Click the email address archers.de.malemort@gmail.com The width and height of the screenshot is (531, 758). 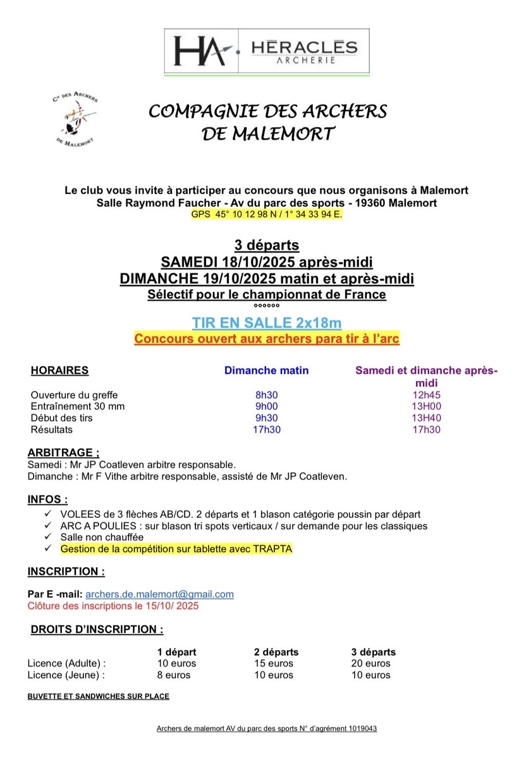pyautogui.click(x=159, y=594)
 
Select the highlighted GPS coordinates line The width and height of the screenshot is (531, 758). pyautogui.click(x=266, y=215)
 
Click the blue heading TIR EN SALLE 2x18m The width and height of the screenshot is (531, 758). pyautogui.click(x=267, y=323)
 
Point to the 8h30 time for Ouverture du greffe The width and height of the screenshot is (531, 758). pyautogui.click(x=266, y=395)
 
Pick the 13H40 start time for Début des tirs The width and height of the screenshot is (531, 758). pyautogui.click(x=426, y=418)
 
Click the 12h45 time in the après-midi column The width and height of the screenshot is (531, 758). pyautogui.click(x=426, y=395)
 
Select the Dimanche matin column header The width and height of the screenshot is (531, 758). pyautogui.click(x=266, y=371)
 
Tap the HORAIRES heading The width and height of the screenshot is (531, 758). pyautogui.click(x=59, y=371)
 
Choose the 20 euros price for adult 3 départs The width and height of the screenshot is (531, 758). pyautogui.click(x=370, y=663)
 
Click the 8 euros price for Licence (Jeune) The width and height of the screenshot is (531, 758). pyautogui.click(x=174, y=675)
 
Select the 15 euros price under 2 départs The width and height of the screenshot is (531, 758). pyautogui.click(x=274, y=663)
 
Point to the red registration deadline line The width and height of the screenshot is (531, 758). pyautogui.click(x=113, y=606)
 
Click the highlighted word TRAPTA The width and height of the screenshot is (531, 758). pyautogui.click(x=272, y=548)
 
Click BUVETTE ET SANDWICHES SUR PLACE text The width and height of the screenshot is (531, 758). pyautogui.click(x=98, y=697)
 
